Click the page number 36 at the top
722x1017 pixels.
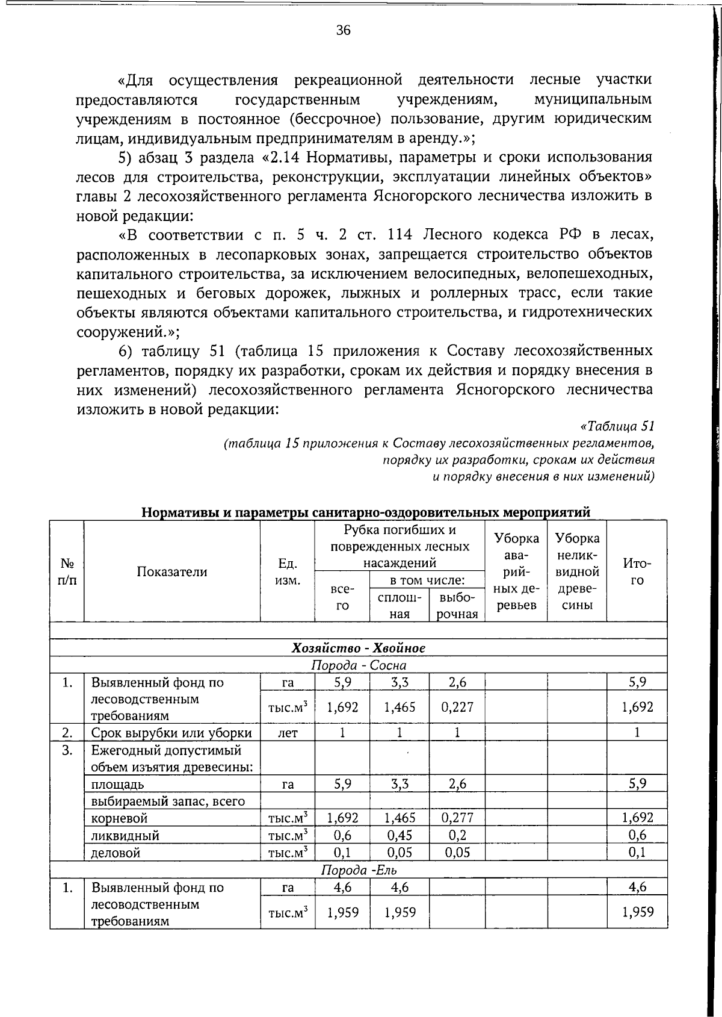pos(343,31)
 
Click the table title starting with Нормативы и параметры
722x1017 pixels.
pos(366,512)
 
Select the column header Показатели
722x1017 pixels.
pos(171,572)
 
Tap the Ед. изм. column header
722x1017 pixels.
pos(287,572)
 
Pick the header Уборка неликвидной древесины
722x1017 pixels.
pos(576,571)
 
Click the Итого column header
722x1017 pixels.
pos(637,572)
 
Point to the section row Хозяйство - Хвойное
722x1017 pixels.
pos(359,648)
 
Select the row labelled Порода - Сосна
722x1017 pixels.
pos(359,665)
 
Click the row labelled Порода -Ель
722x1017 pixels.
pos(359,870)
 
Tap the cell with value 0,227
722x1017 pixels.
pos(457,707)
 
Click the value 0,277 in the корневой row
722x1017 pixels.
pos(457,818)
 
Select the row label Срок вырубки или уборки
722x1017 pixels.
pos(171,733)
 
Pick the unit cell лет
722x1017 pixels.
pos(287,733)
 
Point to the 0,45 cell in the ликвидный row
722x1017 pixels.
pos(399,835)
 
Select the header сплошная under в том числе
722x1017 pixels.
pos(399,606)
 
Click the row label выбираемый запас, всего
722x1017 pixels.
pos(168,801)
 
